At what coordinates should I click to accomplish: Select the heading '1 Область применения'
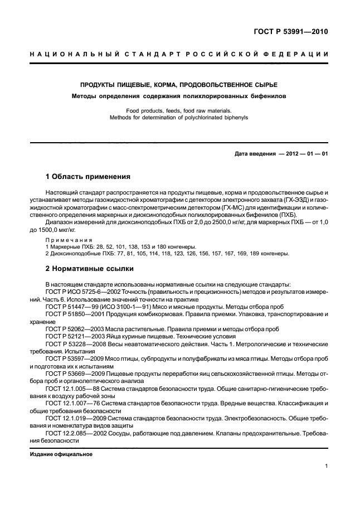tap(87, 177)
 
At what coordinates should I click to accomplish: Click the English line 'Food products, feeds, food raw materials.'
tap(179, 111)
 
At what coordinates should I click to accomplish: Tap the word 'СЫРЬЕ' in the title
tap(264, 85)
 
